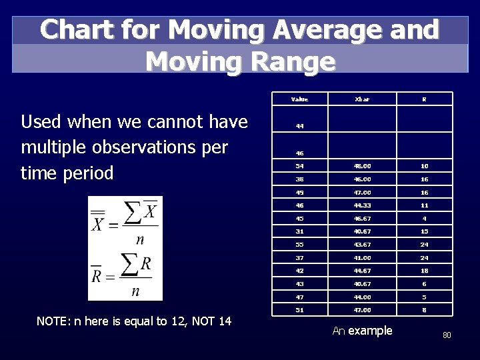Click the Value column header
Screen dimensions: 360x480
pos(299,99)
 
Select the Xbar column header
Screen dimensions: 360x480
pos(362,99)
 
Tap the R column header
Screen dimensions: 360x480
pos(425,99)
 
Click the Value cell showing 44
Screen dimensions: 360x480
pos(299,126)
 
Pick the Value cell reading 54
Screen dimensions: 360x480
pos(299,166)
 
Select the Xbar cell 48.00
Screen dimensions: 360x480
pos(362,166)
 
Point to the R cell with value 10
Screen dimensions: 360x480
pos(425,166)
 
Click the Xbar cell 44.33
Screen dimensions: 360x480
pos(362,206)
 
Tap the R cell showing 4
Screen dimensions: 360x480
pos(425,219)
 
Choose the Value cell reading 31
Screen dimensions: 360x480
pos(299,231)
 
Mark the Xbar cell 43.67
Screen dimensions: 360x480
pos(362,245)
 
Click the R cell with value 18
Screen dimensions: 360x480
pos(425,271)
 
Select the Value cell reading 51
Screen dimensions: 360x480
pos(299,310)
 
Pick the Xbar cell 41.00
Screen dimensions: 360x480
pos(362,258)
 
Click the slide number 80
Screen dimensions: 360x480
pos(447,335)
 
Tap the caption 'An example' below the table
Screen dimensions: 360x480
pos(362,331)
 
